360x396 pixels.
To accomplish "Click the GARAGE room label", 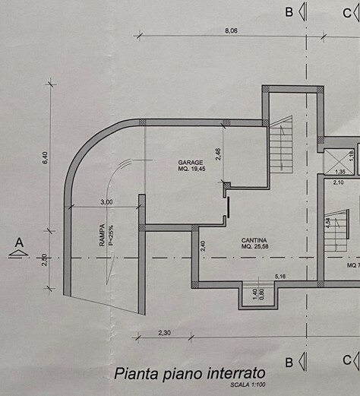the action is coord(191,163).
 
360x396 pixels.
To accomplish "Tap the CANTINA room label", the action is coord(254,240).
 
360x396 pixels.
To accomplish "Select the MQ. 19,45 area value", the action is coord(191,169).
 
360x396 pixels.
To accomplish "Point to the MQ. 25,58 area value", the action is coord(255,246).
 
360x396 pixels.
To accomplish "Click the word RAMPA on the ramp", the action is coord(102,235).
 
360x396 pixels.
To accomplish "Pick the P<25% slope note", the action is coord(111,236).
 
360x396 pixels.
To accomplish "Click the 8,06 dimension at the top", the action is coord(231,31).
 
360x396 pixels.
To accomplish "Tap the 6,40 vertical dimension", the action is coord(45,158).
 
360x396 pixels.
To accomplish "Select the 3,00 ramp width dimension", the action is coord(106,202).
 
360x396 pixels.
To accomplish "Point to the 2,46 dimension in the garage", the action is coord(218,154).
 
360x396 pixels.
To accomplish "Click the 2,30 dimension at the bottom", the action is coord(165,333).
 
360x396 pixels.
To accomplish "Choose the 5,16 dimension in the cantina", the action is coord(280,277).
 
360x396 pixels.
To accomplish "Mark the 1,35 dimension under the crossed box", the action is coord(340,172).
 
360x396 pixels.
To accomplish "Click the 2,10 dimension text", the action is coord(338,182).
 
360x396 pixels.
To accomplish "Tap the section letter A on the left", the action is coord(19,242).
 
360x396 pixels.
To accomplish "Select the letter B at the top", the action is coord(289,12).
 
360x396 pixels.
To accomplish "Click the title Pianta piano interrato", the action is coord(190,374).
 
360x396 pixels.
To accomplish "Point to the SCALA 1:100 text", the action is coord(248,385).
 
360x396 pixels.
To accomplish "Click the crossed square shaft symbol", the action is coord(339,162).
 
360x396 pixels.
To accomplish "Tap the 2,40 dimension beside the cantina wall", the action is coord(203,246).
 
